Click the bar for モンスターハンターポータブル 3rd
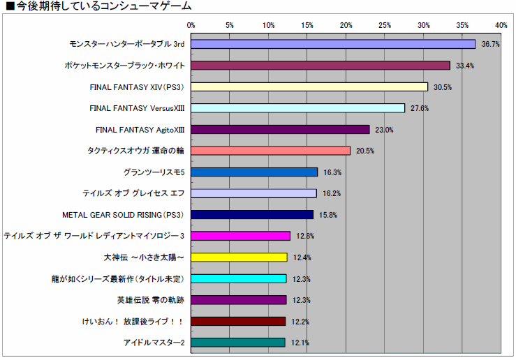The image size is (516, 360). point(333,44)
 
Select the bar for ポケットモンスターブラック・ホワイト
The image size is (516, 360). point(320,66)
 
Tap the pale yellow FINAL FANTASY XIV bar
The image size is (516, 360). point(309,87)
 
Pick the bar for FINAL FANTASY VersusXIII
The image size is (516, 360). point(297,108)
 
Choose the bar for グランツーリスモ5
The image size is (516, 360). point(254,172)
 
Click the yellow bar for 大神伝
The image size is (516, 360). point(239,257)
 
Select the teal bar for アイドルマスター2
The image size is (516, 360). point(238,343)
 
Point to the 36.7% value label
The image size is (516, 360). point(491,45)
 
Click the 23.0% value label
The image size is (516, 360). point(385,130)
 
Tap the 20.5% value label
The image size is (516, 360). point(365,151)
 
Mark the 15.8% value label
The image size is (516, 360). point(329,215)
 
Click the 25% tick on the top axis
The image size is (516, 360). point(385,25)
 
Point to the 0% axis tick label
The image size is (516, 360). point(191,25)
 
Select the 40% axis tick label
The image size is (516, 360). point(501,25)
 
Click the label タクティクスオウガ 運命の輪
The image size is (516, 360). point(135,151)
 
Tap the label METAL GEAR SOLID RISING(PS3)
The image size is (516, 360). point(123,215)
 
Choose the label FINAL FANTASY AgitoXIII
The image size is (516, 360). point(140,130)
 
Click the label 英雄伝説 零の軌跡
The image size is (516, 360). point(150,300)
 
